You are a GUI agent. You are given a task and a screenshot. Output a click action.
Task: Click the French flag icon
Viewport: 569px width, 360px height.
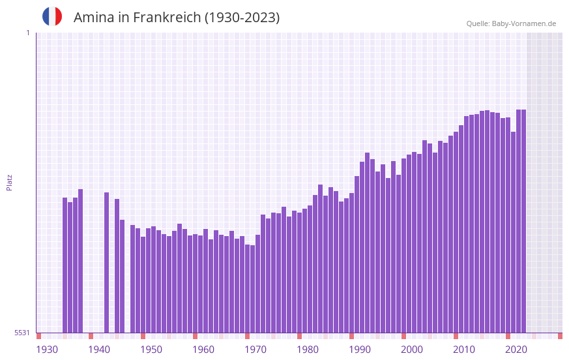[52, 17]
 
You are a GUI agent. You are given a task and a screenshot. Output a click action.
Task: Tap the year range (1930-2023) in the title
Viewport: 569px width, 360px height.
[242, 18]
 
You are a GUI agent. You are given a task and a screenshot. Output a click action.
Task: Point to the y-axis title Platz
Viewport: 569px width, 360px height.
[9, 182]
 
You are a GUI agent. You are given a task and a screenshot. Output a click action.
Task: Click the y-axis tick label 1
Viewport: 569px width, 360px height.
[27, 33]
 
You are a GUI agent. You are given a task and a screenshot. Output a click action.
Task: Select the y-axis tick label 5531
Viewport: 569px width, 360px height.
[22, 333]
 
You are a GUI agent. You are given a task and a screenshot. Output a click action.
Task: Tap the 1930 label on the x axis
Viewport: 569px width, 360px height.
[47, 350]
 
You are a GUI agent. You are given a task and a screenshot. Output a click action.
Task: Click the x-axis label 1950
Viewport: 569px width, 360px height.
[151, 350]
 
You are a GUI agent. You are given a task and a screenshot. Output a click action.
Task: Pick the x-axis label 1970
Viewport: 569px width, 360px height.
[255, 350]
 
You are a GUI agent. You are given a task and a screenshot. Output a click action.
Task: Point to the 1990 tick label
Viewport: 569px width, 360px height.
[360, 350]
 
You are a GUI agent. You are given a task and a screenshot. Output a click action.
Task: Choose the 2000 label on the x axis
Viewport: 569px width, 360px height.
[412, 350]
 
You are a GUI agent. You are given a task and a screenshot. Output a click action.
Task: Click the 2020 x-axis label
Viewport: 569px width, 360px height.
[516, 350]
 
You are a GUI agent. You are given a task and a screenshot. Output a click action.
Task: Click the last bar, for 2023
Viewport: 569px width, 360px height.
[523, 221]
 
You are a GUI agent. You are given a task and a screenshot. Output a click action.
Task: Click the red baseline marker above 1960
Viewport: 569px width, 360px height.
[195, 336]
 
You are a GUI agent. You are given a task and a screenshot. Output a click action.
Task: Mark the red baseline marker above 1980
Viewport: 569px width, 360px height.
[299, 336]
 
